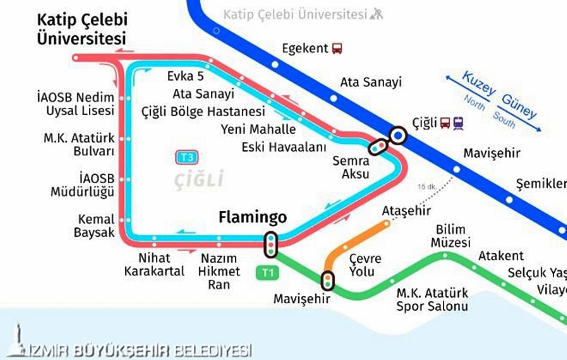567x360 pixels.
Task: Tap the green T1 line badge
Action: point(267,273)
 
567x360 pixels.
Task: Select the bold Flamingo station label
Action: point(252,217)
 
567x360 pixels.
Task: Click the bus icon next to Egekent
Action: point(337,48)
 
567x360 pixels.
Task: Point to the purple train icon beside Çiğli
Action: point(458,123)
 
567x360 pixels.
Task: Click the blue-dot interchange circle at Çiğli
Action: point(398,136)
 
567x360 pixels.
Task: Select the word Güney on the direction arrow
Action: point(519,106)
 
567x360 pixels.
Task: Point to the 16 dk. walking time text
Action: point(426,187)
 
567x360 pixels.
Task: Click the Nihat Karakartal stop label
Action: point(154,265)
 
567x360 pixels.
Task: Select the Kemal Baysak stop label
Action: point(96,226)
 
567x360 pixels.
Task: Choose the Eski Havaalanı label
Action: point(284,147)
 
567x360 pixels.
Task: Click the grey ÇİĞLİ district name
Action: point(198,180)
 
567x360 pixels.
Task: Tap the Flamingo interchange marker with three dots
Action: point(271,245)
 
